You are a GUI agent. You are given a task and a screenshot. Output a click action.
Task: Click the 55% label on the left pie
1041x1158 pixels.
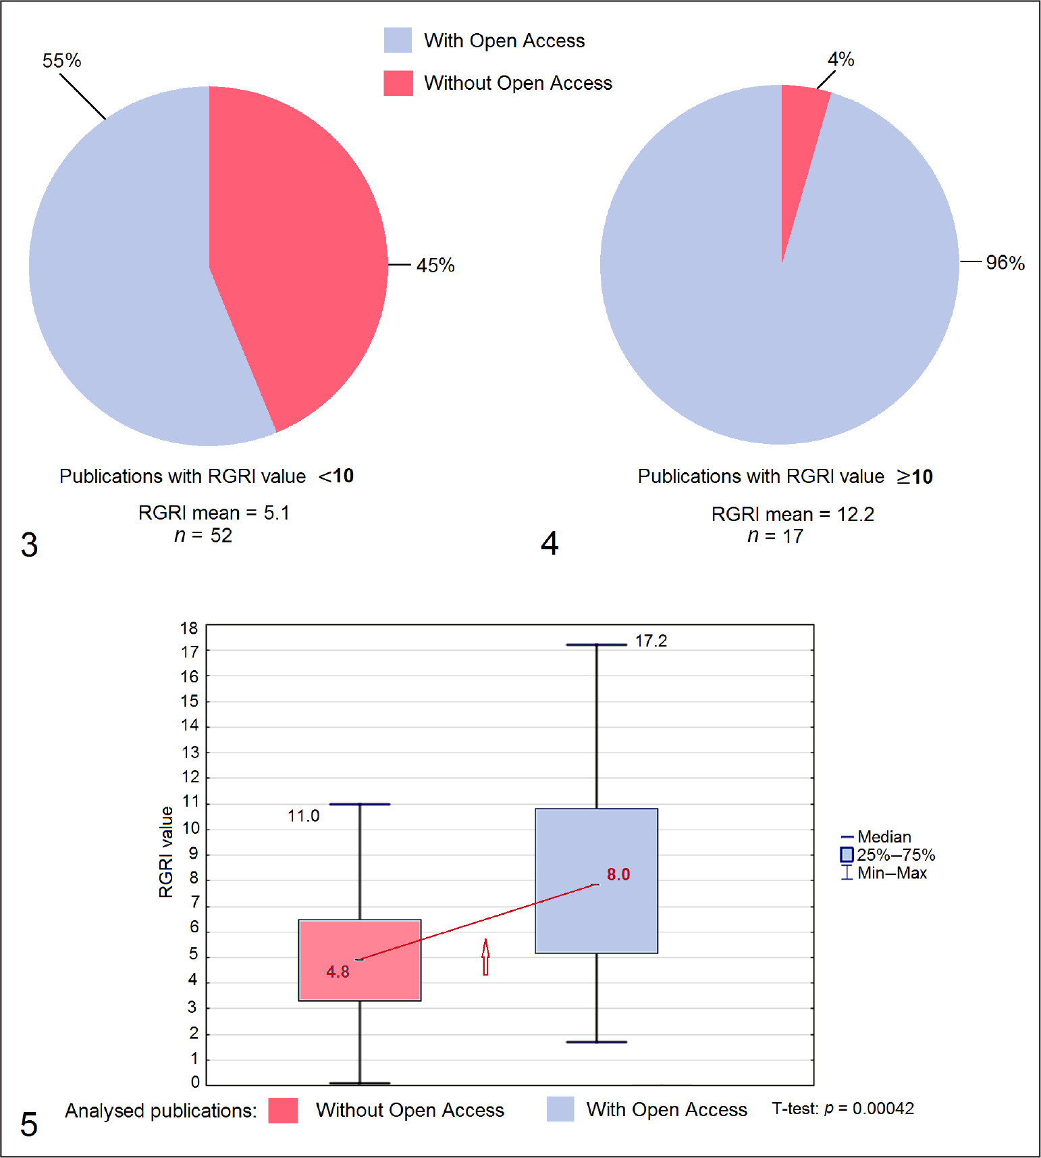click(61, 61)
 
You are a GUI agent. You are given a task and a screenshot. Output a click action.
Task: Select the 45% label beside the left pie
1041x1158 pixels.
click(435, 266)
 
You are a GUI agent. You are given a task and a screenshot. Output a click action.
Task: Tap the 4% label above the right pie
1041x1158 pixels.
click(840, 59)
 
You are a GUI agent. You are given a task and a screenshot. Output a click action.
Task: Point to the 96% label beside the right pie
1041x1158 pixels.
click(1005, 263)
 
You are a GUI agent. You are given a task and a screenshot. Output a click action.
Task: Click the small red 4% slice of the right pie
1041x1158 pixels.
click(800, 135)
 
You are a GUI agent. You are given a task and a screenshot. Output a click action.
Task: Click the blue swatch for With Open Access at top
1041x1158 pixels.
click(398, 41)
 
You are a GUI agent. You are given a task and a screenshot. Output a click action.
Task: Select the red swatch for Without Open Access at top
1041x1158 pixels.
click(398, 83)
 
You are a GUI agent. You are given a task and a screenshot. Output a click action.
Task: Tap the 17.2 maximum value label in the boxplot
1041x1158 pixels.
click(651, 641)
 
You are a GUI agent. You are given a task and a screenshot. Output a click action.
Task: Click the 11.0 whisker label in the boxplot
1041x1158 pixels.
click(303, 816)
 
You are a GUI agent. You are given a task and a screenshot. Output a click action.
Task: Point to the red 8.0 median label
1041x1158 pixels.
click(618, 875)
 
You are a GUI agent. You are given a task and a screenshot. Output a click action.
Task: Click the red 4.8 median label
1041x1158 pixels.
click(338, 972)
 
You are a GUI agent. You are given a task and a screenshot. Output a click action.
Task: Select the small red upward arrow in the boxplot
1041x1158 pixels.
click(485, 957)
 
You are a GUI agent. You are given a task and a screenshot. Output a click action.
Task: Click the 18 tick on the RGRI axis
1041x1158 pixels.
click(189, 628)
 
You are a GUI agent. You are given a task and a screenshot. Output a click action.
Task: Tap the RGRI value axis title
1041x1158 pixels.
click(166, 852)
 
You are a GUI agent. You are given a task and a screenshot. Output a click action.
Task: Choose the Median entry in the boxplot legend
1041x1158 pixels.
click(884, 837)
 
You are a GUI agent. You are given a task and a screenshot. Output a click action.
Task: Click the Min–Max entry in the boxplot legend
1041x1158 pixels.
click(891, 874)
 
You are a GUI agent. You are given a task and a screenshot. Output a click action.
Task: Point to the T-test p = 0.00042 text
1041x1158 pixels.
click(843, 1109)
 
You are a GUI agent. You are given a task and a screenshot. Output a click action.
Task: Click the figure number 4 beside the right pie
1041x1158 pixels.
click(550, 544)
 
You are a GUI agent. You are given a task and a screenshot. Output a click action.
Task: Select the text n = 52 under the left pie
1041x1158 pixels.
click(203, 536)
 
